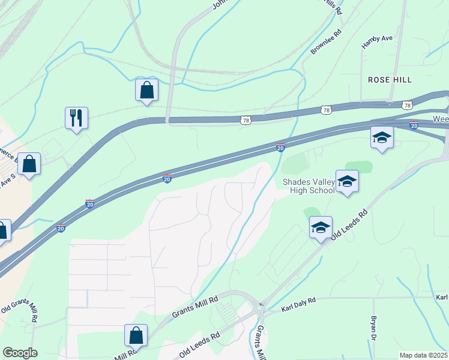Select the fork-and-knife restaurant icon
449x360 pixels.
[x=76, y=117]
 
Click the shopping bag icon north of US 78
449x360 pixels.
[x=146, y=91]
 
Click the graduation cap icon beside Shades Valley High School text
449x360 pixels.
[x=347, y=182]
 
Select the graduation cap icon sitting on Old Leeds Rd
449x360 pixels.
[x=321, y=227]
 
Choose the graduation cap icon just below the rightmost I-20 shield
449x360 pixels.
[x=382, y=138]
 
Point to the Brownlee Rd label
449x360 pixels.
[x=325, y=41]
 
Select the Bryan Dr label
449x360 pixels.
[x=374, y=326]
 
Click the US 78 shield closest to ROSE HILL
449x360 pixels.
[x=408, y=105]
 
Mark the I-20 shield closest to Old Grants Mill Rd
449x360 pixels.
[x=61, y=228]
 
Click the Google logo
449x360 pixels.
[x=20, y=353]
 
